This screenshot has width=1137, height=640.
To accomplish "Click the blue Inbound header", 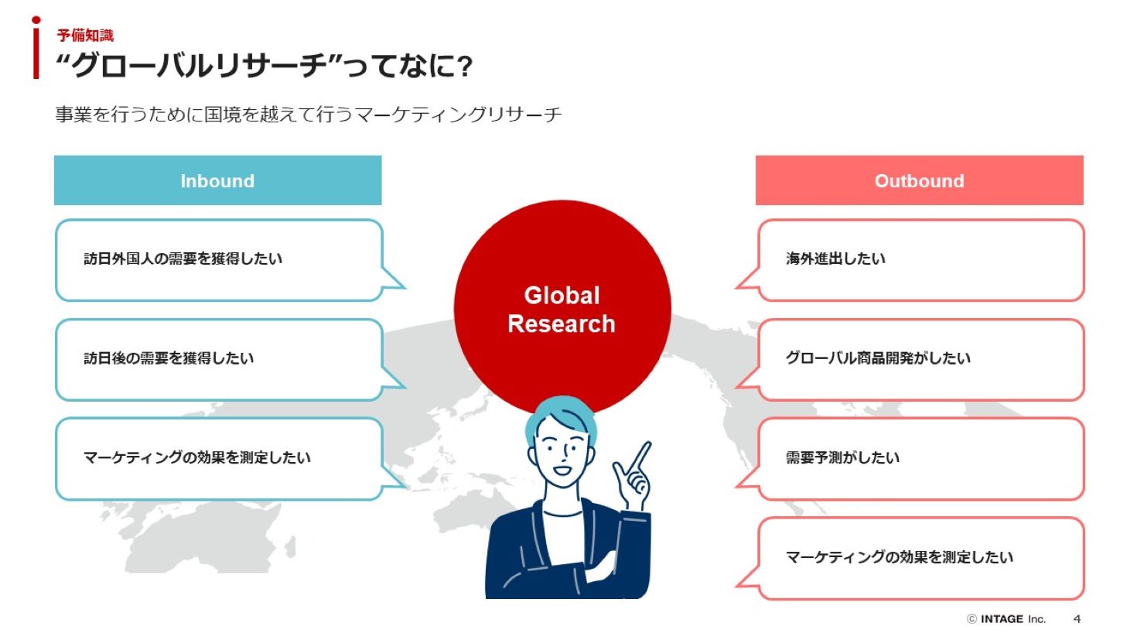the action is tap(218, 180).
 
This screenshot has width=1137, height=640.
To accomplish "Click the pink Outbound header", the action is tap(919, 180).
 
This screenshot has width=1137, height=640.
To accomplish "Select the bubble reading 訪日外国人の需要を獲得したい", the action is tap(220, 260).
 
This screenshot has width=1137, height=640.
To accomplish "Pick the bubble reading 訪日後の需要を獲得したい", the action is tap(220, 360).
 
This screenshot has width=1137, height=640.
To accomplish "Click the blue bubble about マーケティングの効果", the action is tap(220, 459).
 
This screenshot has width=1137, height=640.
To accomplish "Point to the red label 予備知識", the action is tap(85, 36).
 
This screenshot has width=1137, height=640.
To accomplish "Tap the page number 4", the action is tap(1077, 618).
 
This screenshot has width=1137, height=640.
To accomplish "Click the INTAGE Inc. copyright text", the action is tap(1006, 618).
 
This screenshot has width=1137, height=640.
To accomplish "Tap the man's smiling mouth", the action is tap(562, 470).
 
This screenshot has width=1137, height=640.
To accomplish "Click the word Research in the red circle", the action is tap(562, 323).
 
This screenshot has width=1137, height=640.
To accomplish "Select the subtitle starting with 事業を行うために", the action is tap(308, 115).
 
